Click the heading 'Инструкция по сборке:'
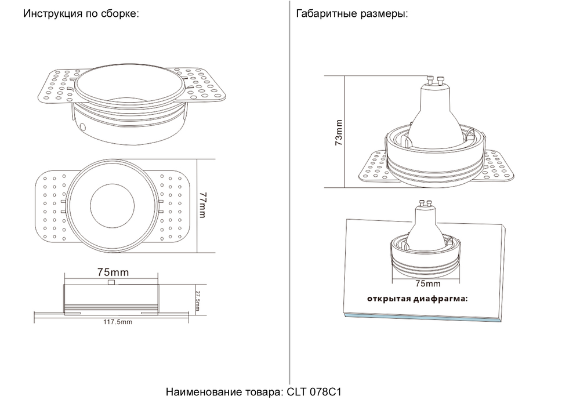coord(81,14)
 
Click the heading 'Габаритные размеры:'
coord(351,14)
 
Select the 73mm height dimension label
coord(339,133)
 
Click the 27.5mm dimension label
coord(197,300)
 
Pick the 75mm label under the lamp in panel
coord(429,283)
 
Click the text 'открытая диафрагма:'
coord(416,299)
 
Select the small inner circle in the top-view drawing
coord(113,206)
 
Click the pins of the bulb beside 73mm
coord(436,79)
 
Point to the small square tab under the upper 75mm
coord(112,282)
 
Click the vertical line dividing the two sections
coord(289,191)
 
